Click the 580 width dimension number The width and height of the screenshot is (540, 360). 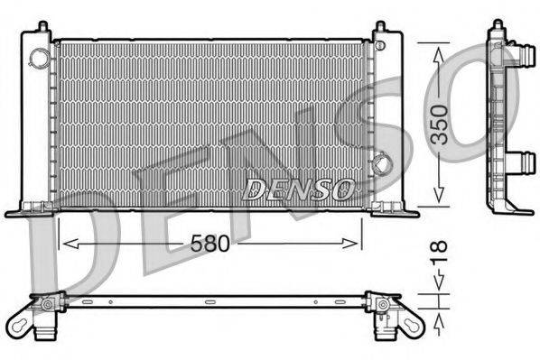pyautogui.click(x=209, y=244)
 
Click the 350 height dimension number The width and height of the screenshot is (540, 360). pyautogui.click(x=440, y=125)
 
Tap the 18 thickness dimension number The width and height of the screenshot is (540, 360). pyautogui.click(x=440, y=252)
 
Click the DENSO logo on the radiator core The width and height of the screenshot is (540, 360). pyautogui.click(x=298, y=189)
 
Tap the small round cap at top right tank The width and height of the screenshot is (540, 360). pyautogui.click(x=379, y=45)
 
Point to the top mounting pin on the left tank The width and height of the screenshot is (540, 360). pyautogui.click(x=43, y=26)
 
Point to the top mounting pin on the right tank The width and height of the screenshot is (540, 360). pyautogui.click(x=380, y=26)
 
